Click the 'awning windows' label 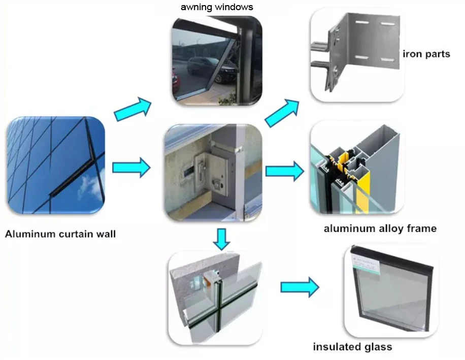[x=217, y=7]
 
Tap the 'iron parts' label [x=426, y=54]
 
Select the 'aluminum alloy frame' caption [x=380, y=228]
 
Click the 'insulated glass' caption [x=353, y=347]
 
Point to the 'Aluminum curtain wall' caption [x=60, y=234]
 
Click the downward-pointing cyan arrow [x=221, y=239]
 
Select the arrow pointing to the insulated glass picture [x=300, y=287]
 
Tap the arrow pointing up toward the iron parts [x=282, y=113]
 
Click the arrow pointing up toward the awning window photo [x=132, y=109]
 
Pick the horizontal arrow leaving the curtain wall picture [x=131, y=168]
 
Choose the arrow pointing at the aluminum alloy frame [x=285, y=171]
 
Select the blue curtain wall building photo [x=56, y=165]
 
